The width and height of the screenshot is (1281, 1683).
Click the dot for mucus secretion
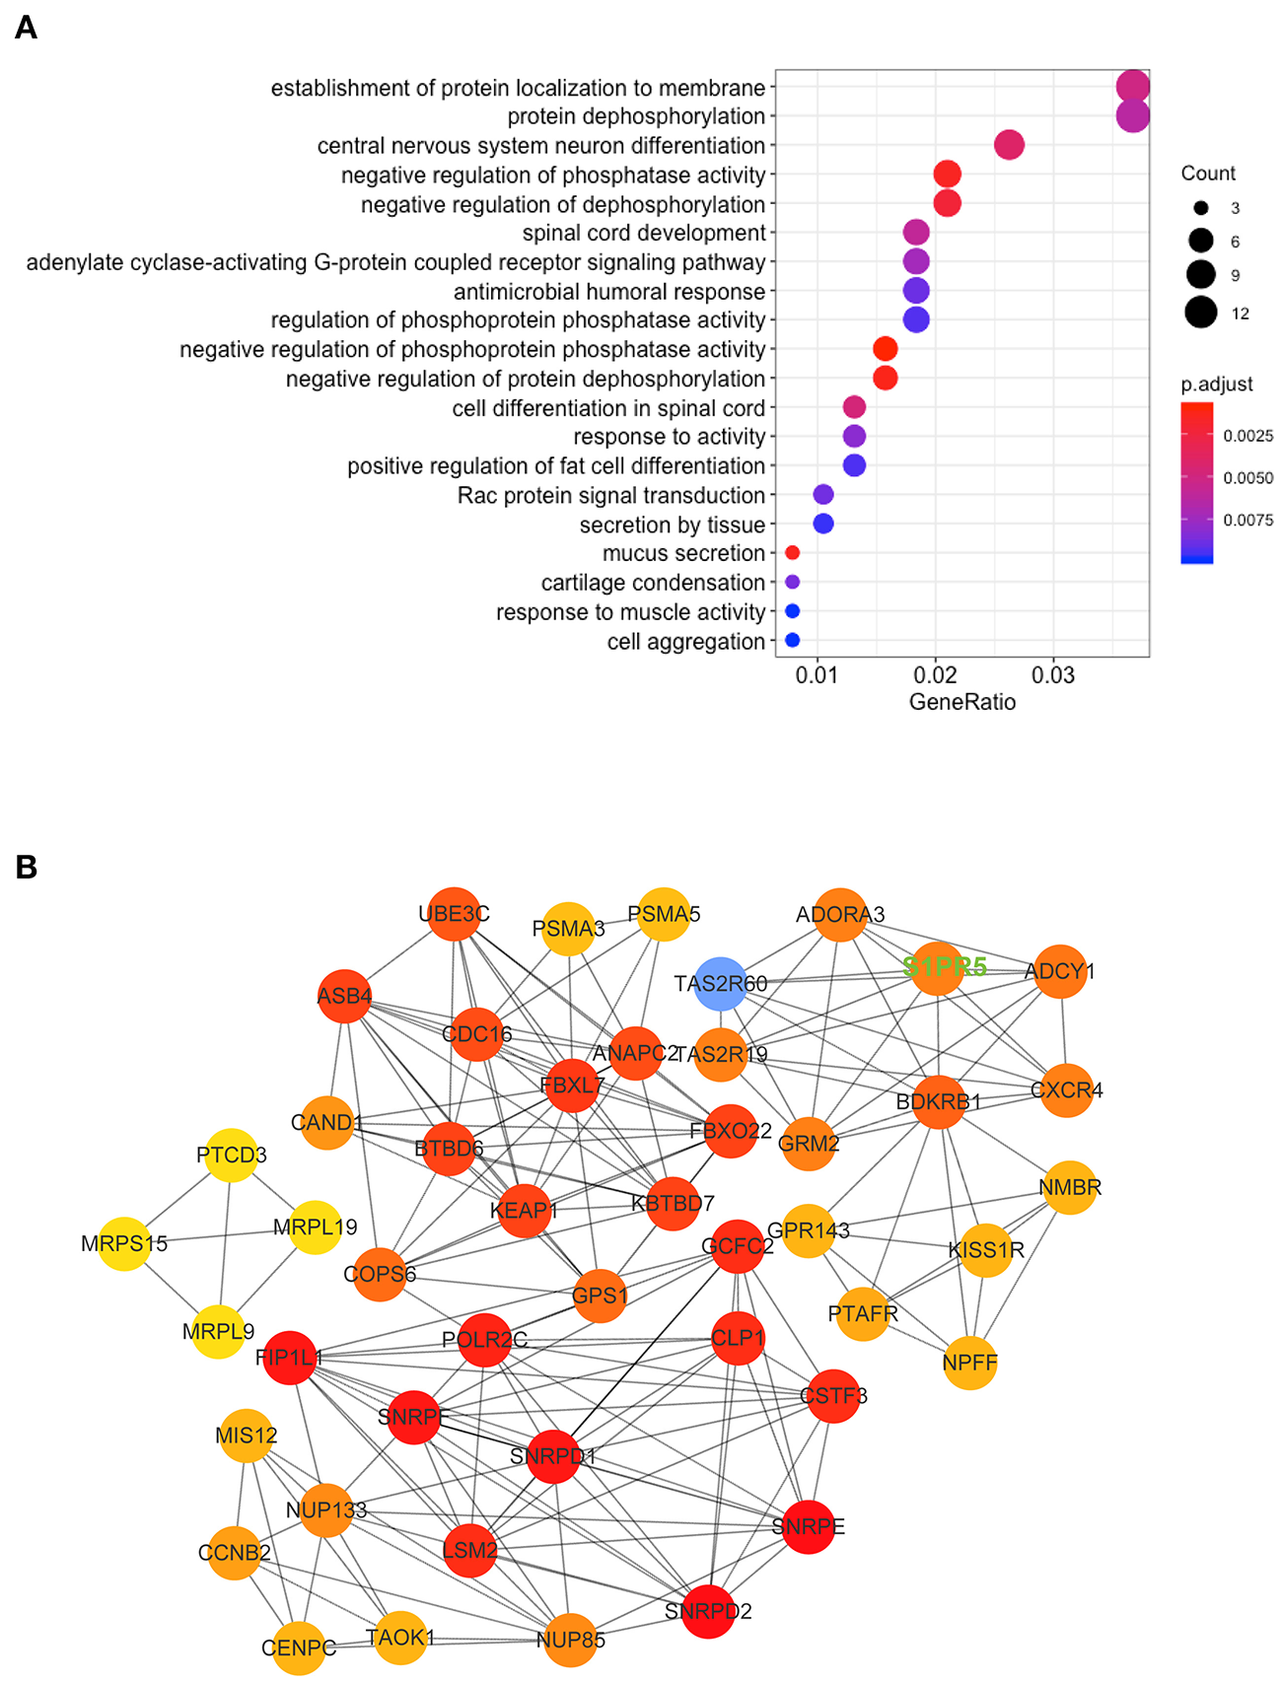click(792, 553)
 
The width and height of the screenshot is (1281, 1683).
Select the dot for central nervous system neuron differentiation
click(1009, 145)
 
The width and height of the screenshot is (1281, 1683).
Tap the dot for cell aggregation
click(792, 641)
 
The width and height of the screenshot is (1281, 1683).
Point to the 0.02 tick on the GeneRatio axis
click(935, 675)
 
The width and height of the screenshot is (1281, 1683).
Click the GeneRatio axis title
click(961, 702)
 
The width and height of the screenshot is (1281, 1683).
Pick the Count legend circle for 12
click(1201, 314)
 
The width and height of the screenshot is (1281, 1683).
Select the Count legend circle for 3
click(1201, 208)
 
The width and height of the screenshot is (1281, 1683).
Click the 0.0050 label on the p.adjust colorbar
click(1247, 478)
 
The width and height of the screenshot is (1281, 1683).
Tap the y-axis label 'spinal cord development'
click(644, 234)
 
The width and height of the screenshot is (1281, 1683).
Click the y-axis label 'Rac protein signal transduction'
click(611, 496)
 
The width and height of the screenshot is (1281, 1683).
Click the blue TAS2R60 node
click(721, 984)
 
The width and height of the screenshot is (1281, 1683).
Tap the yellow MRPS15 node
click(125, 1244)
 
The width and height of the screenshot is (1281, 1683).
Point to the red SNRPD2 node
click(708, 1611)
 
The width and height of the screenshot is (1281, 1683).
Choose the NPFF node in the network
click(970, 1364)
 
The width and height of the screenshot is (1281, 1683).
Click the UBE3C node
click(454, 914)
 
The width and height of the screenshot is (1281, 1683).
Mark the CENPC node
click(298, 1648)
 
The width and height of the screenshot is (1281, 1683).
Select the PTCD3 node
click(231, 1155)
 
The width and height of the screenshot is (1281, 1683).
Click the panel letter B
click(27, 867)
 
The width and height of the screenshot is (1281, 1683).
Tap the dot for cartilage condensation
click(792, 582)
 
